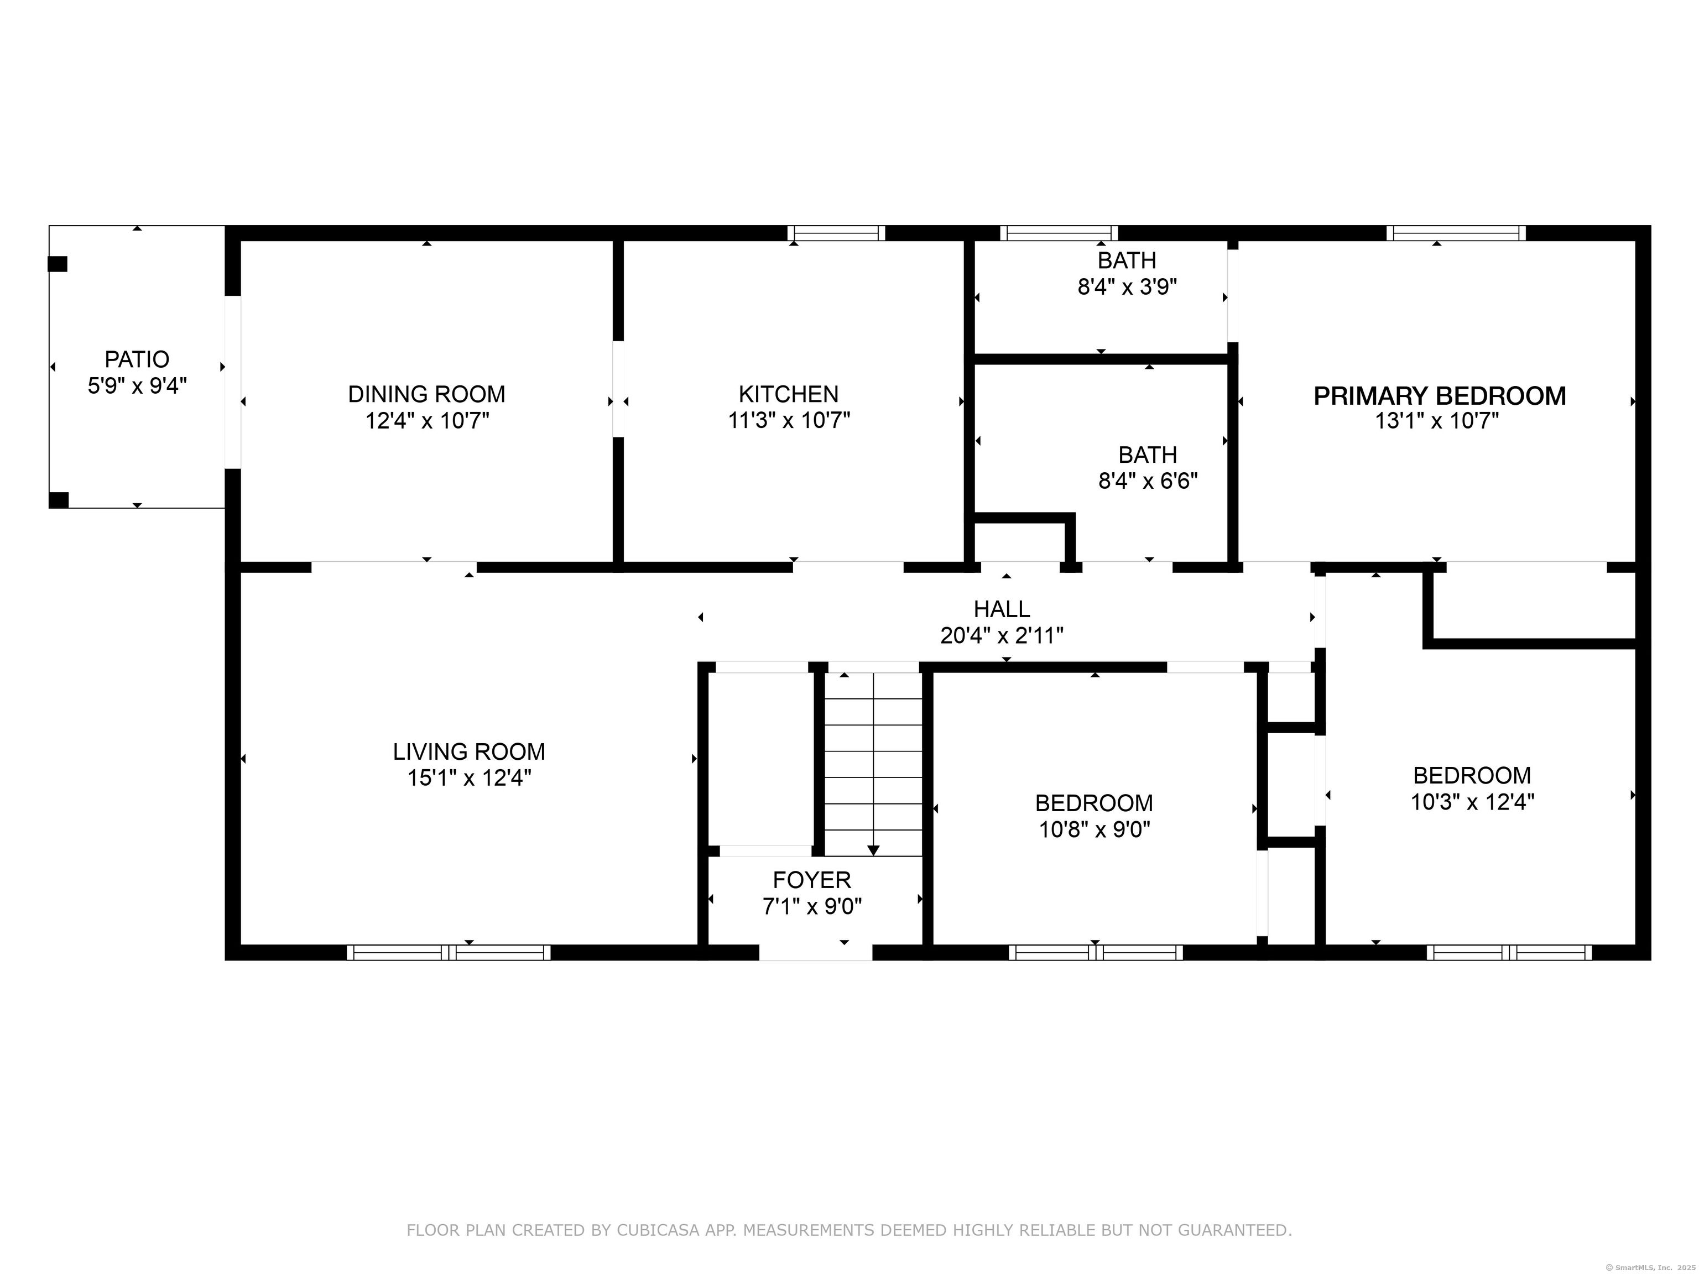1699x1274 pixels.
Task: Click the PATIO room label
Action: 137,359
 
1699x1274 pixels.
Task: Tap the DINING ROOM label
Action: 426,394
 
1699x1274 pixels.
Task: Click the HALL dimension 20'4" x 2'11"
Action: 1002,636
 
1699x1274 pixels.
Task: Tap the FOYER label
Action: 812,879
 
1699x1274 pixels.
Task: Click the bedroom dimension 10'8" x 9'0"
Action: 1094,830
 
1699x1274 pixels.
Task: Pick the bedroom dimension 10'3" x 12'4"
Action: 1472,802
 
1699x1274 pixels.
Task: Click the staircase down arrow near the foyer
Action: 873,850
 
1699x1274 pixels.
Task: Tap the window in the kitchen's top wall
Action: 836,233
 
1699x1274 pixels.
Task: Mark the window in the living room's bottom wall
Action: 449,953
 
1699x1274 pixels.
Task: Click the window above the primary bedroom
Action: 1456,233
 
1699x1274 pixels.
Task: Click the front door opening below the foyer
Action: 816,953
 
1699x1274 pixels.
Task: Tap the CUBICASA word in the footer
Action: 658,1230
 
